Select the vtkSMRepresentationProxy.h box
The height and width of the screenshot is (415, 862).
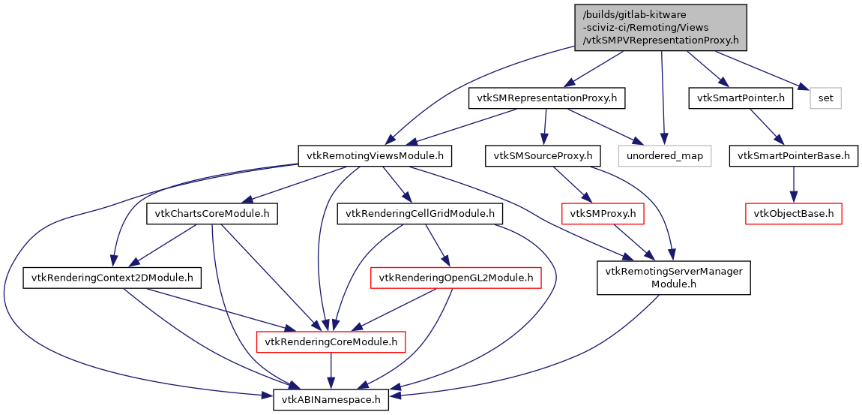[546, 98]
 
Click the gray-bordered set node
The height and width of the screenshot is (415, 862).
[826, 98]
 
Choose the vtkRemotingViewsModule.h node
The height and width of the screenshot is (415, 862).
[376, 156]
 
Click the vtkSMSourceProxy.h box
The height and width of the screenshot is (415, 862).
[543, 156]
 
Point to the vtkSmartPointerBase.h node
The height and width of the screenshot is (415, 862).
[794, 156]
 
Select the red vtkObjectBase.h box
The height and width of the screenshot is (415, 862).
[794, 214]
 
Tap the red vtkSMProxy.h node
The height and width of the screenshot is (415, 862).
[603, 214]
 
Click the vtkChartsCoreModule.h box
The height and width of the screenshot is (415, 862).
[212, 214]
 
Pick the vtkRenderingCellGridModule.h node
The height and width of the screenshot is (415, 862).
[421, 214]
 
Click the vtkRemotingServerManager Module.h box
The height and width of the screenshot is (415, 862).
[673, 278]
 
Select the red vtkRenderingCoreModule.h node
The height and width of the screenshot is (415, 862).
[331, 343]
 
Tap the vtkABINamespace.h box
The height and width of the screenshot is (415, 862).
[331, 400]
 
